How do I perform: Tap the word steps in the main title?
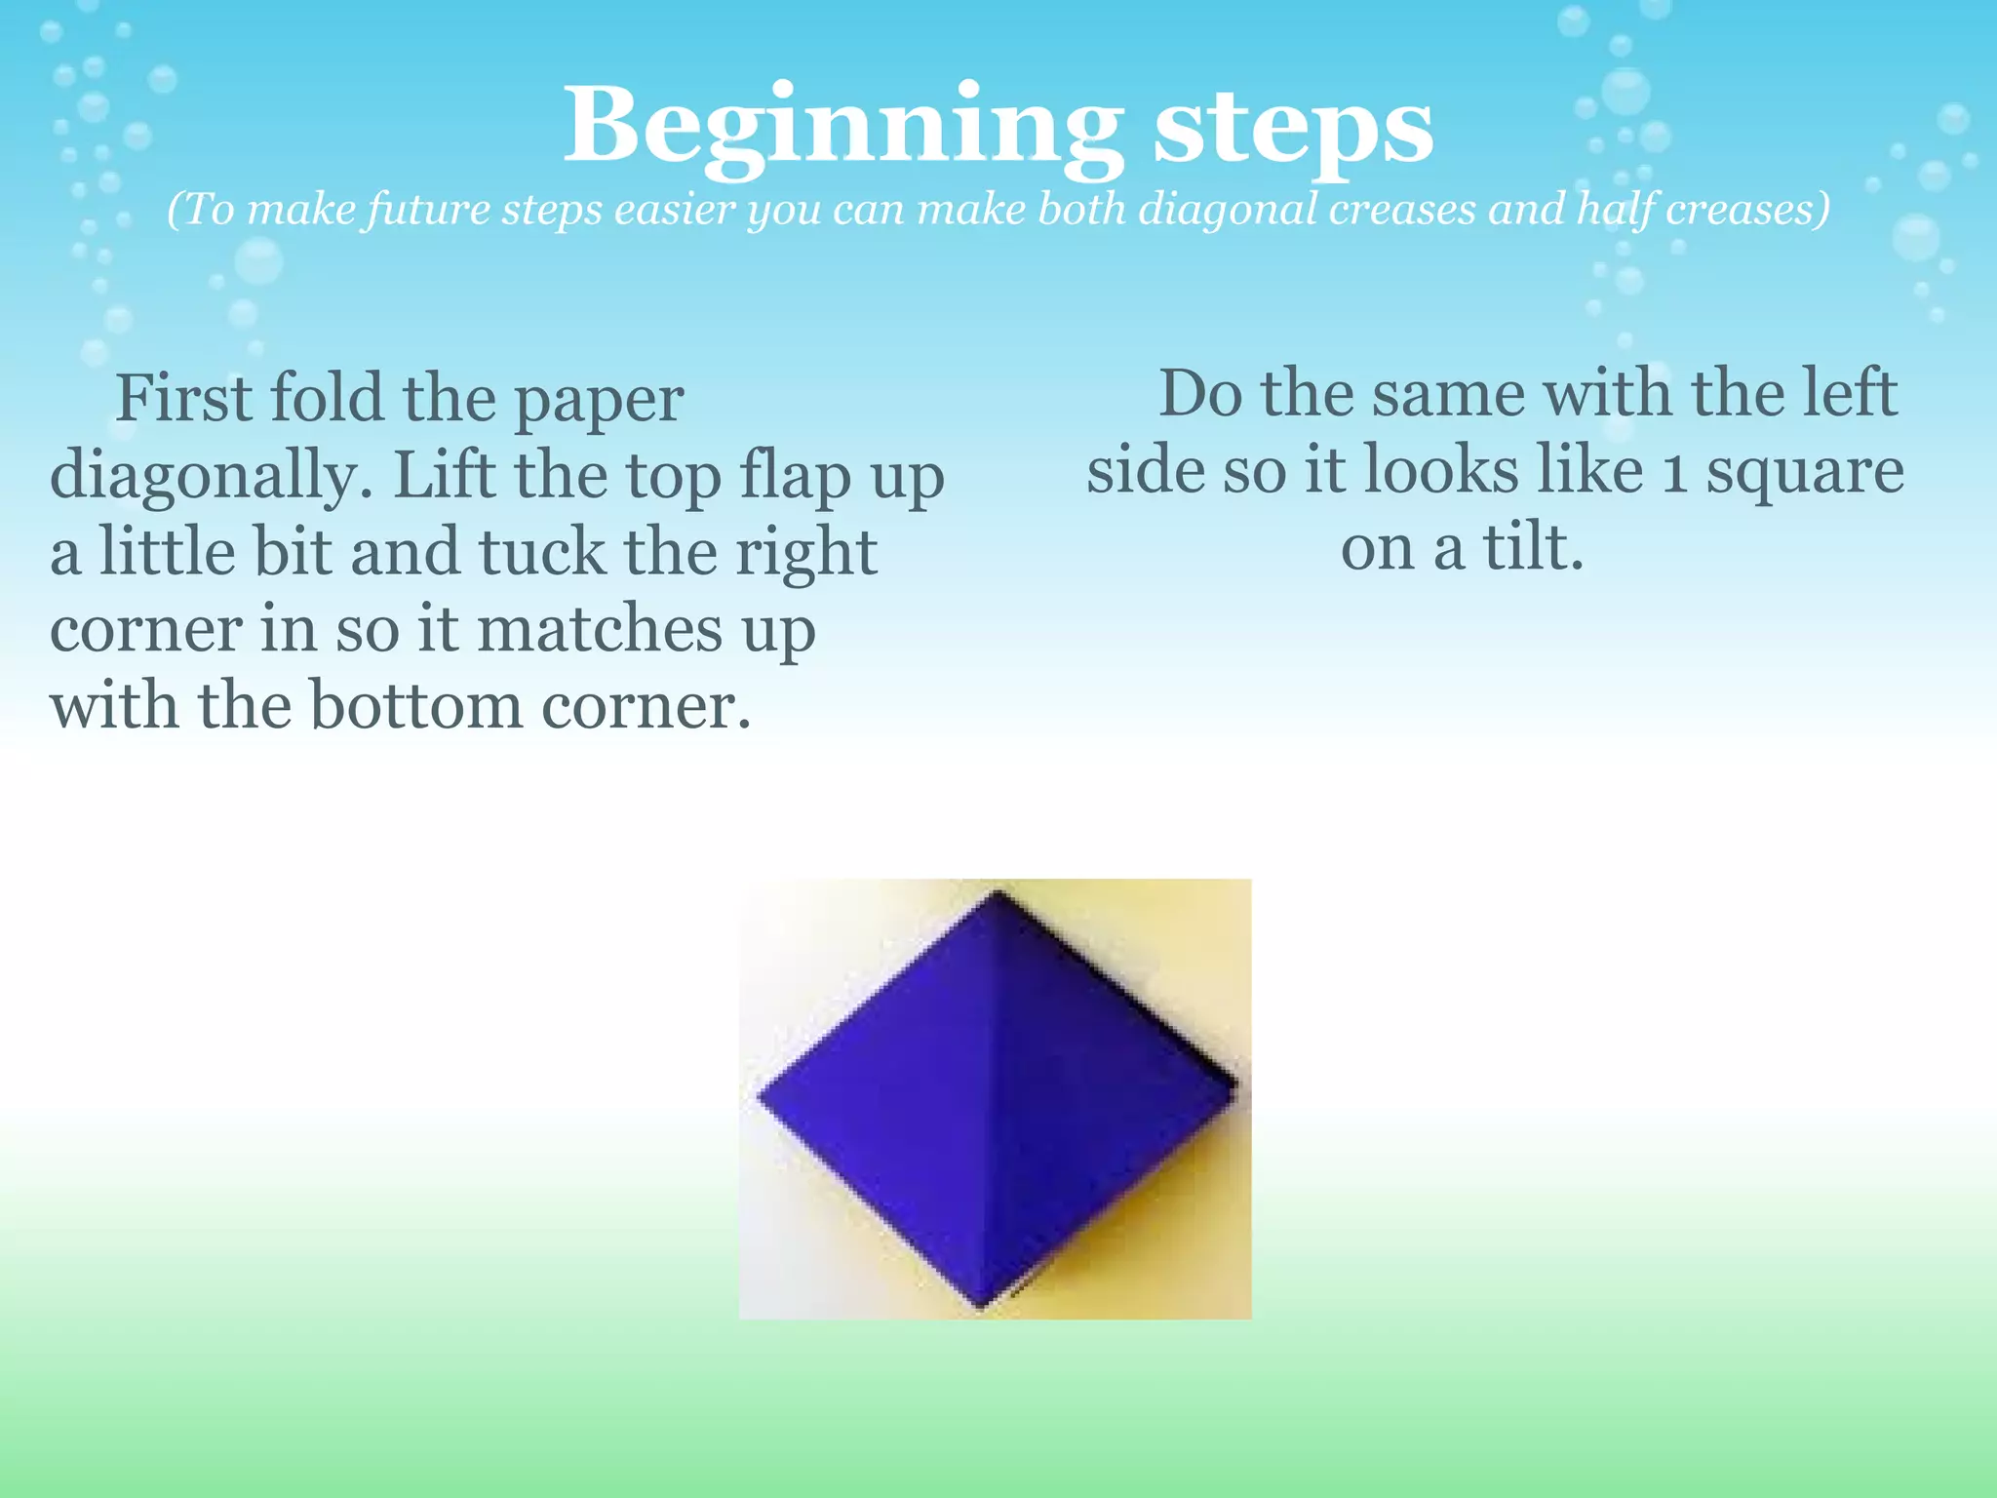click(x=1293, y=127)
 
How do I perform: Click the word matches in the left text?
click(x=599, y=628)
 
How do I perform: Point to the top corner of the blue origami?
click(x=997, y=893)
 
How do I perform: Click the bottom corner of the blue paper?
click(x=981, y=1303)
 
